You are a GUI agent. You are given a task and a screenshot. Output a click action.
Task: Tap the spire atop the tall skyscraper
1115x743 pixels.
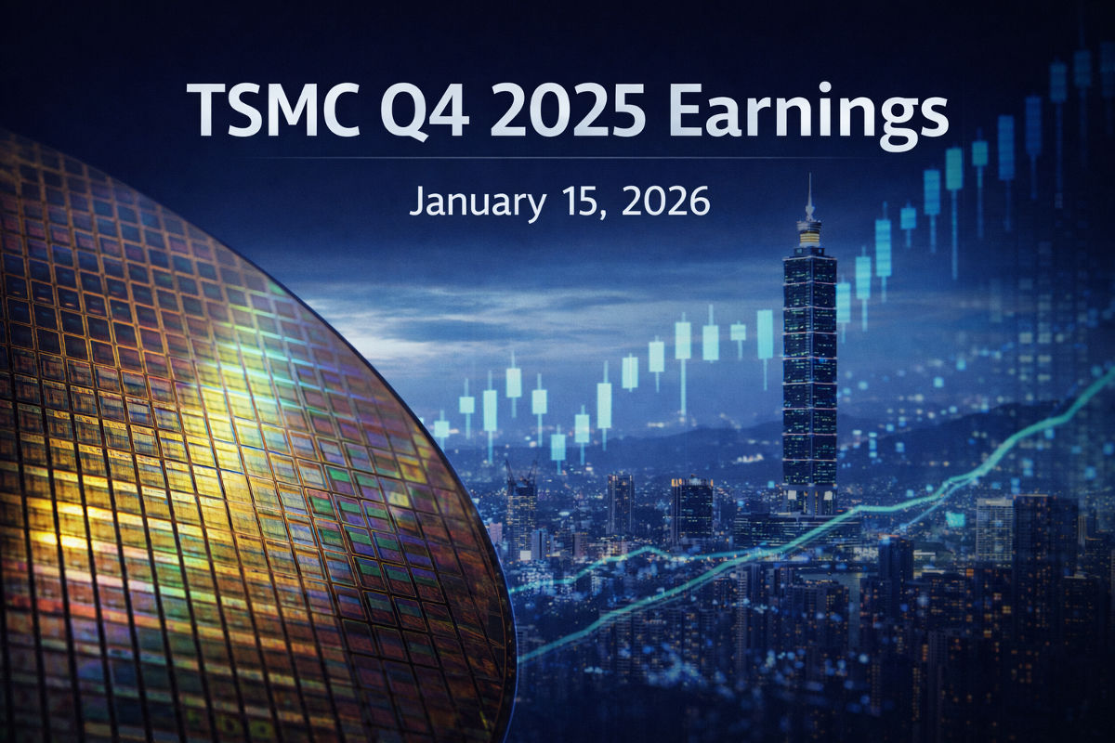point(809,195)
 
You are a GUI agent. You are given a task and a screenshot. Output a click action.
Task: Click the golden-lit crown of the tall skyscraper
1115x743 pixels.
point(809,233)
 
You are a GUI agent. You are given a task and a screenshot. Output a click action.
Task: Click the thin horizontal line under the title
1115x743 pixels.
point(557,159)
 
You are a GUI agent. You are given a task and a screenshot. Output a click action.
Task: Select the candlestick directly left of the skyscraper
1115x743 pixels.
point(765,334)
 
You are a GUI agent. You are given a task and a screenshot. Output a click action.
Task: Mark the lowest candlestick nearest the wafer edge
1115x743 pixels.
point(441,428)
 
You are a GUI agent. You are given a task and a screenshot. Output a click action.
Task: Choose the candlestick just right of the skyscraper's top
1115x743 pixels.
point(843,302)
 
